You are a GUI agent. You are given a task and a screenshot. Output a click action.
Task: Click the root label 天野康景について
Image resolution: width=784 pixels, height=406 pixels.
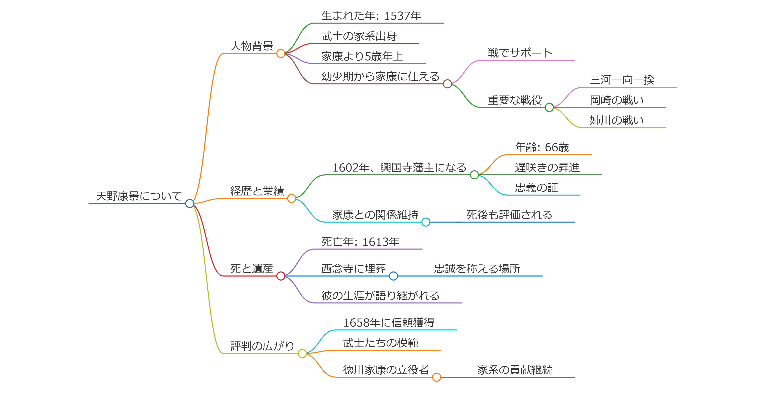click(x=139, y=196)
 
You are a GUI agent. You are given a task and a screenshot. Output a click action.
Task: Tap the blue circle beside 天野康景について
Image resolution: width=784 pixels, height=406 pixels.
click(x=190, y=204)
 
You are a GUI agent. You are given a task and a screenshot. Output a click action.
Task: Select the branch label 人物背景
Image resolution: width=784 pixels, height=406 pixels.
click(x=252, y=46)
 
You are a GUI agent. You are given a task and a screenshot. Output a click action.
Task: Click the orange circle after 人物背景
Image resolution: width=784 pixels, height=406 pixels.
click(x=281, y=53)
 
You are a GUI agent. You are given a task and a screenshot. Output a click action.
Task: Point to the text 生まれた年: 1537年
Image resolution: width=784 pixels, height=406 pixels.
click(x=371, y=16)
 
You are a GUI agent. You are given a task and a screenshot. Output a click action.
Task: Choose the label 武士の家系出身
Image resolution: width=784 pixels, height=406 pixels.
click(x=359, y=36)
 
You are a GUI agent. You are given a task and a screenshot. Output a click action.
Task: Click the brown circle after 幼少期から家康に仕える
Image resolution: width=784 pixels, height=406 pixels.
click(x=447, y=84)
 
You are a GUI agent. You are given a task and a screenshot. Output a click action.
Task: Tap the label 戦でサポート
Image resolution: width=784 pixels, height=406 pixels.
click(x=520, y=53)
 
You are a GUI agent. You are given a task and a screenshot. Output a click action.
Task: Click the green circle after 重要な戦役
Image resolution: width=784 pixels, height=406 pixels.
click(x=549, y=107)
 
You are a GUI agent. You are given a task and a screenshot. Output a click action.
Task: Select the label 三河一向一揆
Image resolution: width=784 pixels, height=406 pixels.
click(x=622, y=80)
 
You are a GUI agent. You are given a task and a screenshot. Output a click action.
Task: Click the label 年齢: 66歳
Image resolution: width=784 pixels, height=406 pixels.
click(x=542, y=147)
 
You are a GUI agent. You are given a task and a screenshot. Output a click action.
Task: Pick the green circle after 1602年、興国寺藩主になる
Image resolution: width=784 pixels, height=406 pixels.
click(x=474, y=175)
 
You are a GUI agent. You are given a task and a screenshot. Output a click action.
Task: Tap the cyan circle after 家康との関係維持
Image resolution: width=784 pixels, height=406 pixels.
click(x=426, y=222)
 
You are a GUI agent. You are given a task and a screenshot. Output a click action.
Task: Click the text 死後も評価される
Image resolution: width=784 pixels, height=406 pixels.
click(x=509, y=215)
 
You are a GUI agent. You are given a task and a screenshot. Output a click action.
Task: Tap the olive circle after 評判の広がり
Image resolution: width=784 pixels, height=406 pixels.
click(x=302, y=353)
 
